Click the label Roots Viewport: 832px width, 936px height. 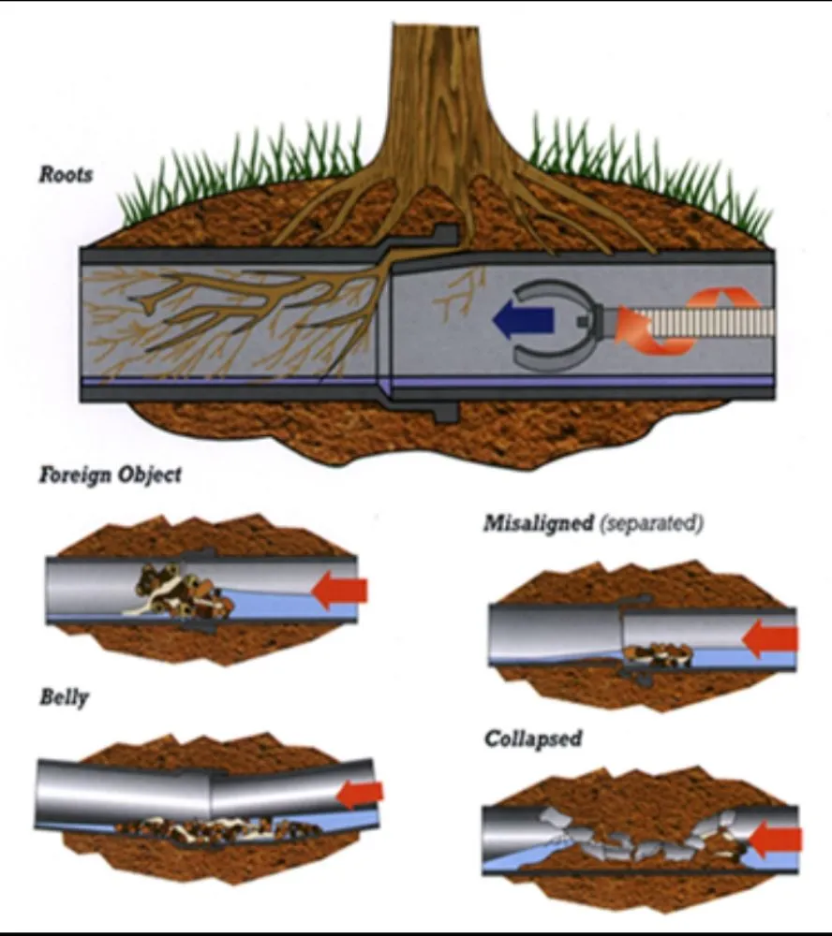click(x=66, y=174)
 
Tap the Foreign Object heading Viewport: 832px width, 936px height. click(x=110, y=475)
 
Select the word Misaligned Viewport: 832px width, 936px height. click(x=537, y=522)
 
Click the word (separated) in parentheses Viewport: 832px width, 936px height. click(x=650, y=522)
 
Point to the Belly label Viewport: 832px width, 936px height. click(x=64, y=697)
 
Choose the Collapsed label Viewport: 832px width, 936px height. click(x=532, y=739)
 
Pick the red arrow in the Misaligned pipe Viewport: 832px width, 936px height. click(x=770, y=639)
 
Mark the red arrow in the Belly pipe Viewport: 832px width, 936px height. click(x=360, y=794)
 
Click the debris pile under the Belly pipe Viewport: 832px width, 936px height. click(x=215, y=827)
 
